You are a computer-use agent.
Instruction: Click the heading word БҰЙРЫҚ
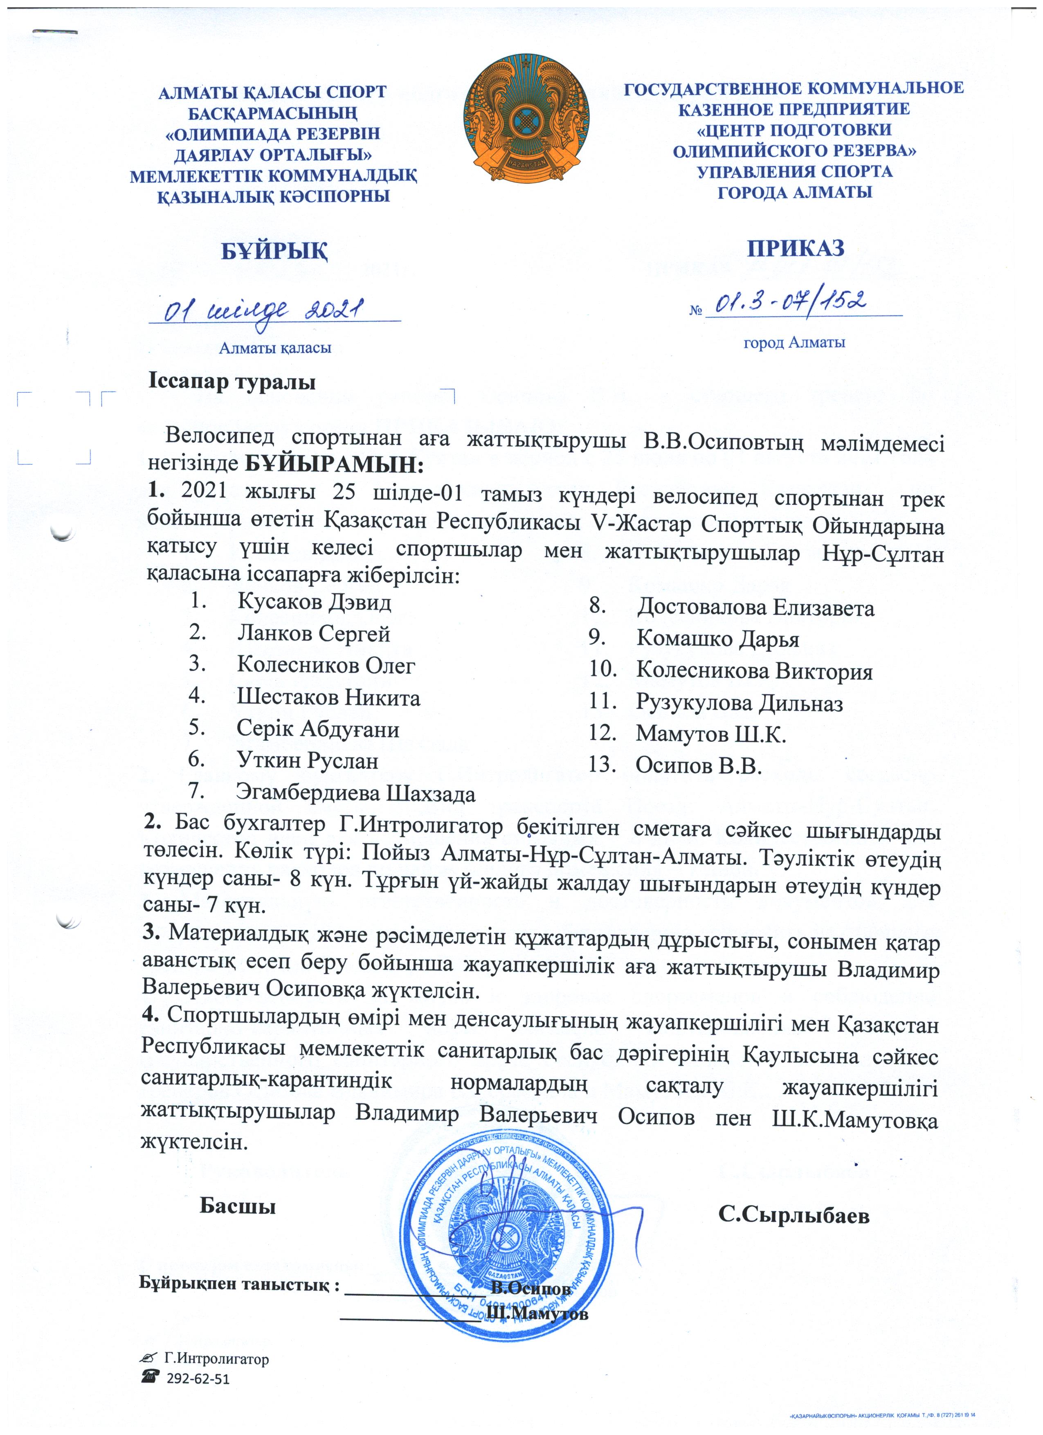point(274,251)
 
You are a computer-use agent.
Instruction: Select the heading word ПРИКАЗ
point(795,247)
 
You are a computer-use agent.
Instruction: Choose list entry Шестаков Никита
point(328,697)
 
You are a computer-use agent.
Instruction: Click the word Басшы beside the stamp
point(238,1206)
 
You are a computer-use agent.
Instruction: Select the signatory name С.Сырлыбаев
point(794,1215)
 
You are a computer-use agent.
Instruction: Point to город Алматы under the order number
point(794,343)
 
